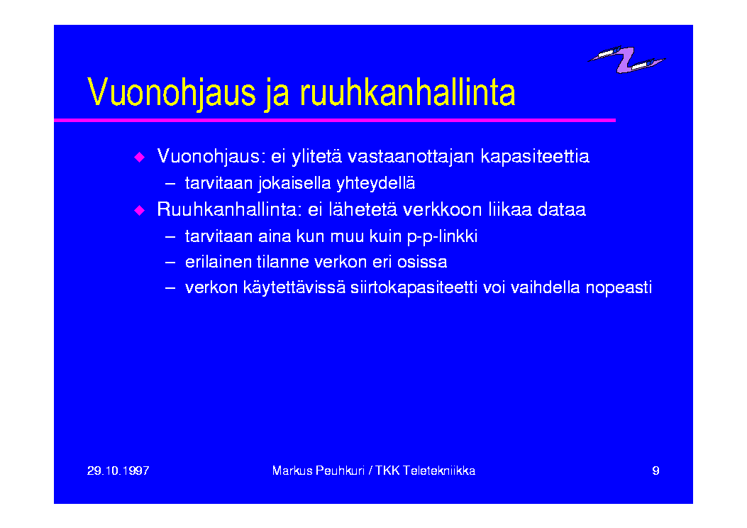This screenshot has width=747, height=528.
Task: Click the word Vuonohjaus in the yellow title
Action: [172, 92]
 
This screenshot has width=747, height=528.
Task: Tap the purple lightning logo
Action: [626, 60]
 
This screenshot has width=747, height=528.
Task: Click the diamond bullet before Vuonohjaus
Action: [140, 157]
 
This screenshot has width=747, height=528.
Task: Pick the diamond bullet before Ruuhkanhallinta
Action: [140, 210]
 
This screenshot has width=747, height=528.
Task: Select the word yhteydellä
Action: [375, 184]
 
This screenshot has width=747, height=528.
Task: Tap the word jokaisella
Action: [294, 184]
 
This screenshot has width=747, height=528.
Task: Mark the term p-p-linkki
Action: [442, 237]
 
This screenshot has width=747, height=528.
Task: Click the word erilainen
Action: [218, 262]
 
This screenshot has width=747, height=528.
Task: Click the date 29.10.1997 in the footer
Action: [118, 471]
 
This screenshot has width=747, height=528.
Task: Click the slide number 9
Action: [655, 471]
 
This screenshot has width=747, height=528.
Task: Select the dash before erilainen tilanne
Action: [170, 263]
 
